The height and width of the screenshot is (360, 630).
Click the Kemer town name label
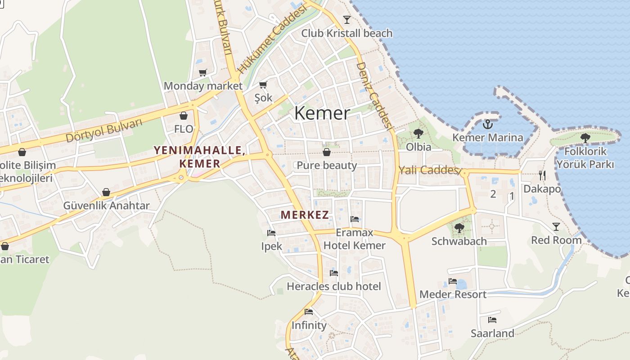322,113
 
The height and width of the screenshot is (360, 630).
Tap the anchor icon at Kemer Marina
487,124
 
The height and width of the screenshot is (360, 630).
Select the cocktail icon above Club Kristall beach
346,19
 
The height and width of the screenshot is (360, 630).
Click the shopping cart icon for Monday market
203,72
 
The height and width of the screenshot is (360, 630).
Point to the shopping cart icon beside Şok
263,85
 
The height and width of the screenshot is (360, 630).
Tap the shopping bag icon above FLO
183,116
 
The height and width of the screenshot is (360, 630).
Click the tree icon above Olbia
418,133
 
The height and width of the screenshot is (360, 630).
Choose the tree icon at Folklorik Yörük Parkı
585,138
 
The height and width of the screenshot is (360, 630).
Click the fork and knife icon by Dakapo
542,175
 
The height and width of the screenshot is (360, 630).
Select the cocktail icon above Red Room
556,226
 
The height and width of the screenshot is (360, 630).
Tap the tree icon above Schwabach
459,228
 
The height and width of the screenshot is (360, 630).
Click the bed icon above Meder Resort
453,281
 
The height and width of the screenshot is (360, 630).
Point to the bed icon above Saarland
492,320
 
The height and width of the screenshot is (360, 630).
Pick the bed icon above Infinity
309,311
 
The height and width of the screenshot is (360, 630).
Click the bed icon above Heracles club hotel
333,273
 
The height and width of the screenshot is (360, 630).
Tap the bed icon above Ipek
271,233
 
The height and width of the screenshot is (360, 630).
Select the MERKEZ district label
305,215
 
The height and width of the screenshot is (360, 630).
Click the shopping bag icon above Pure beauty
327,152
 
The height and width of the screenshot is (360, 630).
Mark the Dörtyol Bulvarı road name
104,130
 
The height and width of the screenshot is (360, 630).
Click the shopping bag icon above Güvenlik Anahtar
106,193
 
